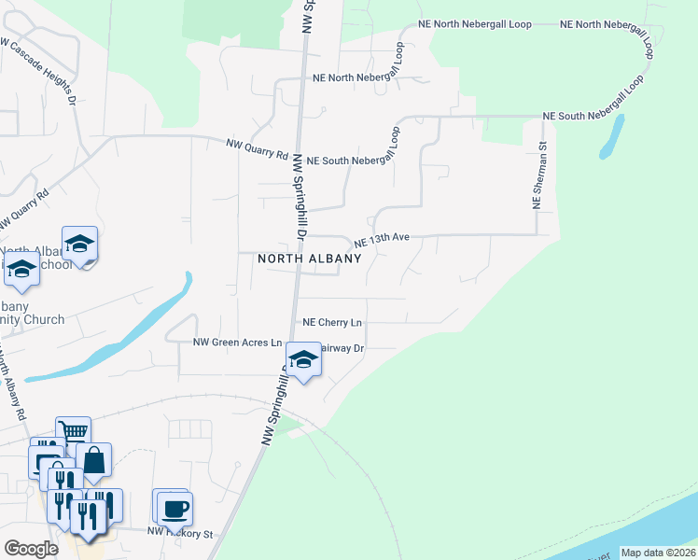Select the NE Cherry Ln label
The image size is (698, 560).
pos(332,323)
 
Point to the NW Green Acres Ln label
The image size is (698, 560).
pos(237,343)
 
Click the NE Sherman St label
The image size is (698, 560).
pos(537,175)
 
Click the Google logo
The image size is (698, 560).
pos(32,549)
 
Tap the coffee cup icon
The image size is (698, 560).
pos(174,509)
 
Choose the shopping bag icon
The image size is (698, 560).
pos(93,459)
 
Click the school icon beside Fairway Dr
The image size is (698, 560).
pos(302,360)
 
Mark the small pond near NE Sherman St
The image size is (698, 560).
pos(612,139)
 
